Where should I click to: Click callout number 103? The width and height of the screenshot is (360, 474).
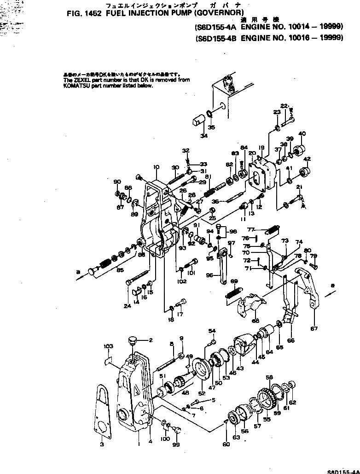(x=108, y=346)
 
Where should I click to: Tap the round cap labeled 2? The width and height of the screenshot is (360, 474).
(x=133, y=341)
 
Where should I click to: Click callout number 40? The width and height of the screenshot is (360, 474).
(x=302, y=134)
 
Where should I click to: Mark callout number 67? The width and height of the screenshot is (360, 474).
(x=314, y=328)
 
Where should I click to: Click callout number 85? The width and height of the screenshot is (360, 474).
(x=120, y=269)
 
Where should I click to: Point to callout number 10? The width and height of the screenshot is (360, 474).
(x=156, y=167)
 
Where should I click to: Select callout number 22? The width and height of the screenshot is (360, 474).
(x=284, y=106)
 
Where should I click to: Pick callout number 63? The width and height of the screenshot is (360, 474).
(x=236, y=437)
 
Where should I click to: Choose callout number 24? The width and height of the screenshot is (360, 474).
(x=127, y=305)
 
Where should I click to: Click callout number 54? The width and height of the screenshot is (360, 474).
(x=212, y=331)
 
